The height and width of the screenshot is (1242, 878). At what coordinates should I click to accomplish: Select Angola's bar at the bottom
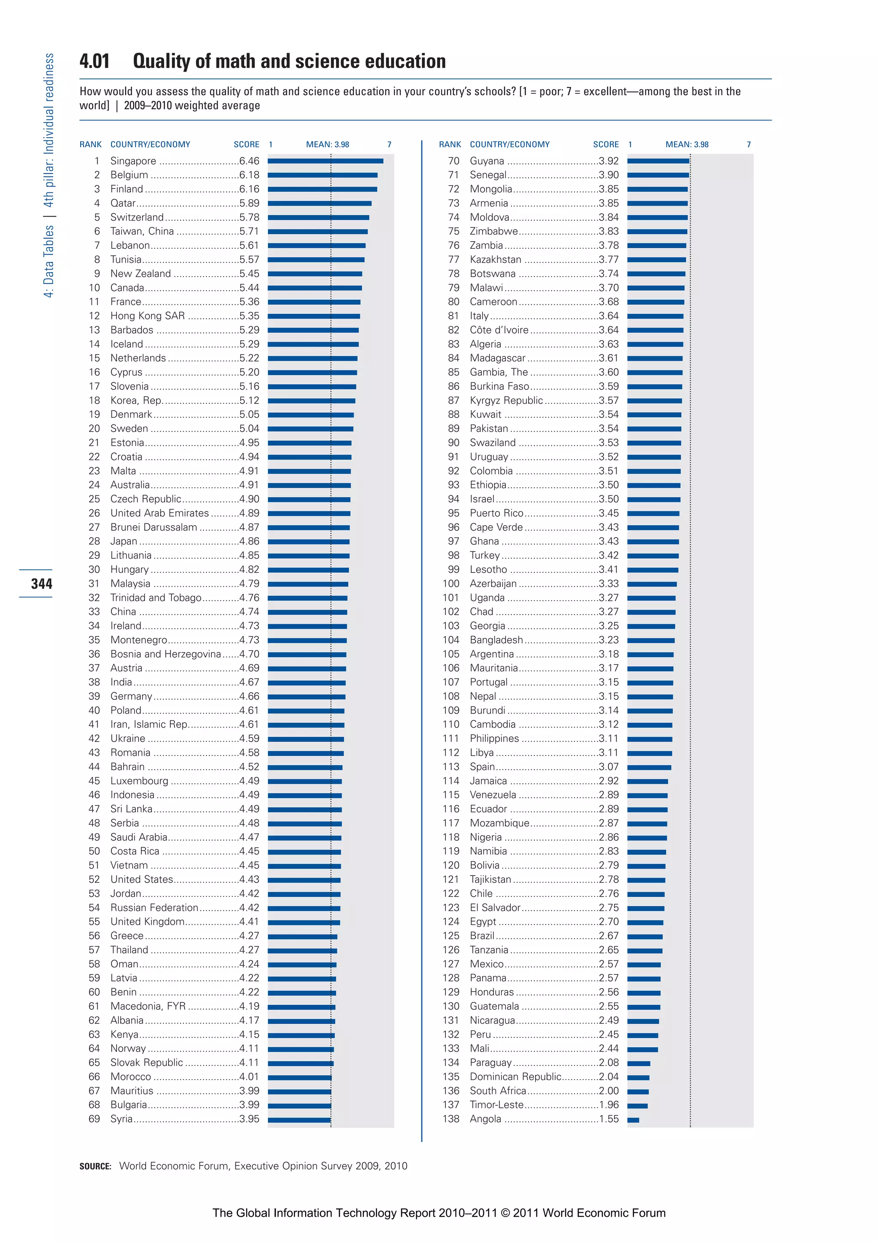[633, 1120]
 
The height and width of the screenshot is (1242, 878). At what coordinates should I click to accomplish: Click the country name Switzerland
[137, 217]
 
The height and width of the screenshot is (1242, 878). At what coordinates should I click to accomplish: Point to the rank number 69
[94, 1119]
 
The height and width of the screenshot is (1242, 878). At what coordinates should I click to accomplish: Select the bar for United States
[304, 880]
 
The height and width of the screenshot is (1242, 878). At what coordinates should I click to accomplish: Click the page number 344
[42, 583]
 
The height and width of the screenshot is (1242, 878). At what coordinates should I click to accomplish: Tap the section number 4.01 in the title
[95, 61]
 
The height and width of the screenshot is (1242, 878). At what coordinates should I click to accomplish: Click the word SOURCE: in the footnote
[95, 1166]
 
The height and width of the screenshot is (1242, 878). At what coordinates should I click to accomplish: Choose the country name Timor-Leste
[496, 1105]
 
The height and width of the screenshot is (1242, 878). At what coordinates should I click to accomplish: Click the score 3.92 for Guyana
[609, 161]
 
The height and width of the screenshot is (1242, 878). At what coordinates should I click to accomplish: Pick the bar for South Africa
[638, 1092]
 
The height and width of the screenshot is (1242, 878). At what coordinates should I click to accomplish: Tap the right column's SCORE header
[605, 144]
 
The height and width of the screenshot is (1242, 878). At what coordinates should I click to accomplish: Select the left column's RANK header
[90, 144]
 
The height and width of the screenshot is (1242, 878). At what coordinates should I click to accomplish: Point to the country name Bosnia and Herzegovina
[165, 654]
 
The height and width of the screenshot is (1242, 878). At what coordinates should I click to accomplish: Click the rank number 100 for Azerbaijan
[451, 583]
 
